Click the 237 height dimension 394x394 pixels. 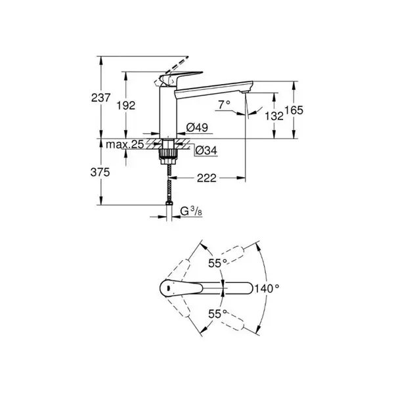coord(100,98)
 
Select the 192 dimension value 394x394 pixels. coord(126,106)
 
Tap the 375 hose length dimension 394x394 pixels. coord(100,172)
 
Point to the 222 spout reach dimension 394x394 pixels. coord(207,178)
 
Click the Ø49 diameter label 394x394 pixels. coord(197,127)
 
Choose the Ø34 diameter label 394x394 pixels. coord(206,150)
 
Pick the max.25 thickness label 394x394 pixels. coord(125,144)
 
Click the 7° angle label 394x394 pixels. coord(224,104)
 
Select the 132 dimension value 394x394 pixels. coord(274,116)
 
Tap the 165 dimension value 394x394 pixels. coord(294,110)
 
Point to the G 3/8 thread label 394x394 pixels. coord(191,211)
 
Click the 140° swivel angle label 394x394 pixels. coord(267,289)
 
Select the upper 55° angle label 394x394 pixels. coord(217,263)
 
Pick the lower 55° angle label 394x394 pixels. coord(217,314)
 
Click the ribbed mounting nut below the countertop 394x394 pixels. coord(168,153)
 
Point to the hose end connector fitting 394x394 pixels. coord(169,203)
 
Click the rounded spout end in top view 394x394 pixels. coord(249,288)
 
